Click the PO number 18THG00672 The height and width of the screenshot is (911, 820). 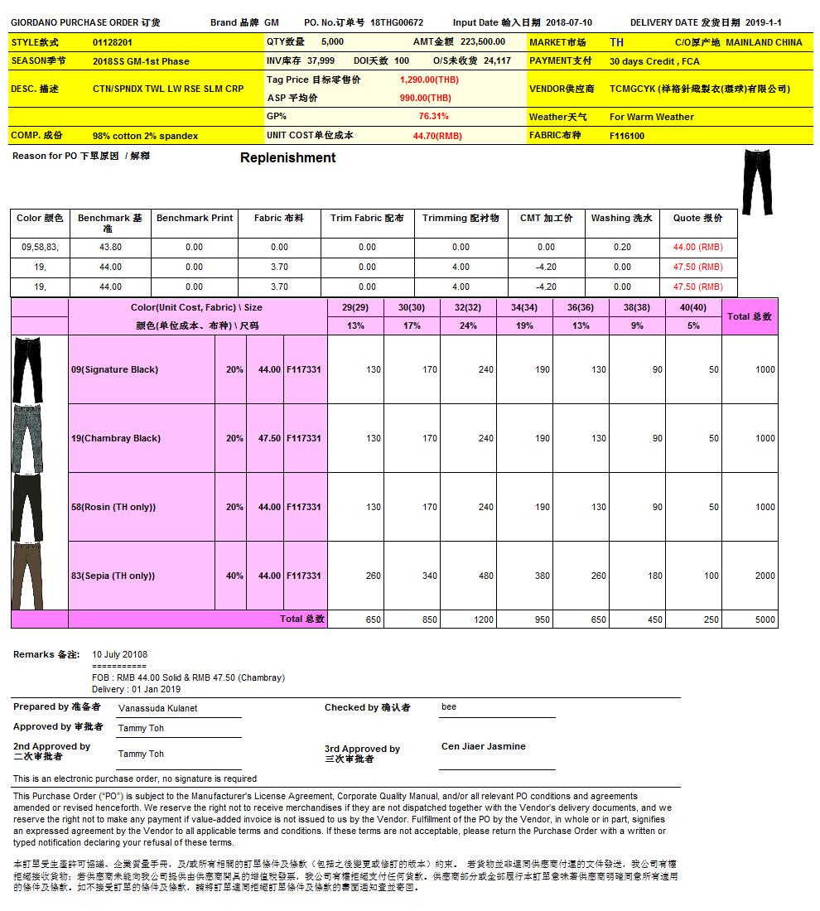tap(397, 23)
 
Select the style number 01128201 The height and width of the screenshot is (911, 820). tap(112, 42)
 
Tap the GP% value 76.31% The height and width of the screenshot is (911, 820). tap(433, 117)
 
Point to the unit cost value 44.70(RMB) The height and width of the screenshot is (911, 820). tap(437, 136)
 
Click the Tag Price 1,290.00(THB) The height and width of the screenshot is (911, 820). tap(428, 80)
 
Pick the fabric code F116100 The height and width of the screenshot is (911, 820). tap(627, 136)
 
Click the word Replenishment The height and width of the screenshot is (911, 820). tap(287, 158)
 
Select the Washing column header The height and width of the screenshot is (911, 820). tap(621, 219)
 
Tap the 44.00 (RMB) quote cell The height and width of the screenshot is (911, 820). tap(697, 247)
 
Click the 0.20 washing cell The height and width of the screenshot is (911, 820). tap(622, 247)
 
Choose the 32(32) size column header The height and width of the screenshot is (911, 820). tap(468, 307)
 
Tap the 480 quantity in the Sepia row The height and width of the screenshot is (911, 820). tap(485, 576)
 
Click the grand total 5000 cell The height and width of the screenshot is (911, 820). tap(765, 619)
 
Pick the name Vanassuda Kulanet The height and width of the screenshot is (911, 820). tap(157, 709)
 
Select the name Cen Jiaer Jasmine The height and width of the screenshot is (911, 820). tap(483, 746)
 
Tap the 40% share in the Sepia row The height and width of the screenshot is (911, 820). tap(234, 576)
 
